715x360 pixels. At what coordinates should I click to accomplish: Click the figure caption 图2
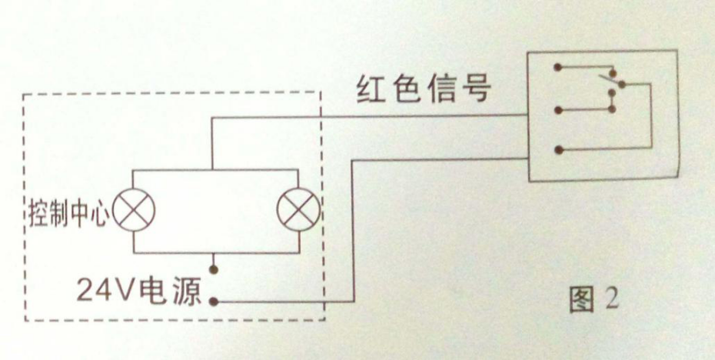[593, 300]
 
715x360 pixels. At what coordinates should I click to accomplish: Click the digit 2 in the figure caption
[611, 300]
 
